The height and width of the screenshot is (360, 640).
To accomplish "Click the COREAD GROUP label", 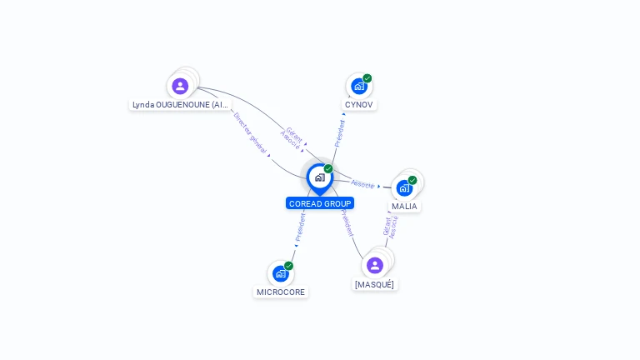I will [320, 203].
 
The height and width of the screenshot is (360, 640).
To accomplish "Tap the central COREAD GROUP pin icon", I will [320, 177].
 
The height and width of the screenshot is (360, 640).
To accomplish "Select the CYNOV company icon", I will [358, 86].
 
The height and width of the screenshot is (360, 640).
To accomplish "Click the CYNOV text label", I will [359, 105].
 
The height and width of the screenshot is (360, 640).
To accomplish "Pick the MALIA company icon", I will [404, 187].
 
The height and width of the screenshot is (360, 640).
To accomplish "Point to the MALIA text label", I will [405, 206].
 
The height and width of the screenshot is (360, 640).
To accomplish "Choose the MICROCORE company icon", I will [280, 273].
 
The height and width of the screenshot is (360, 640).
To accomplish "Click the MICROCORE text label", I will [281, 292].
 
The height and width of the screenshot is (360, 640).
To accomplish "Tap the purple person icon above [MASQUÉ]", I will [375, 265].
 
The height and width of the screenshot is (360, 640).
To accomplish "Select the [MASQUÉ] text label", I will [375, 284].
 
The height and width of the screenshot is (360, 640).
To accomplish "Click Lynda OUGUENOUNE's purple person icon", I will [180, 86].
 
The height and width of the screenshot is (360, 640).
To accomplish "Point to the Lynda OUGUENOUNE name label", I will [180, 105].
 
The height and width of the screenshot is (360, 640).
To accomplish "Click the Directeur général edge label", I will [250, 133].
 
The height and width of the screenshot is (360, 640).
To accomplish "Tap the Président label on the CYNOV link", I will [340, 133].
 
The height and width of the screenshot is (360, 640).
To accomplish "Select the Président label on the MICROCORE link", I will [300, 227].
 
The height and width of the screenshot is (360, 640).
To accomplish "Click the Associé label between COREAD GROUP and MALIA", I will [362, 183].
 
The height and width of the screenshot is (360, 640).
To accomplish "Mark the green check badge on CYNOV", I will [367, 78].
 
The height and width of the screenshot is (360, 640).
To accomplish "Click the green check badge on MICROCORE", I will [288, 266].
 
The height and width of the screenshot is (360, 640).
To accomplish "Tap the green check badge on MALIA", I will [412, 180].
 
